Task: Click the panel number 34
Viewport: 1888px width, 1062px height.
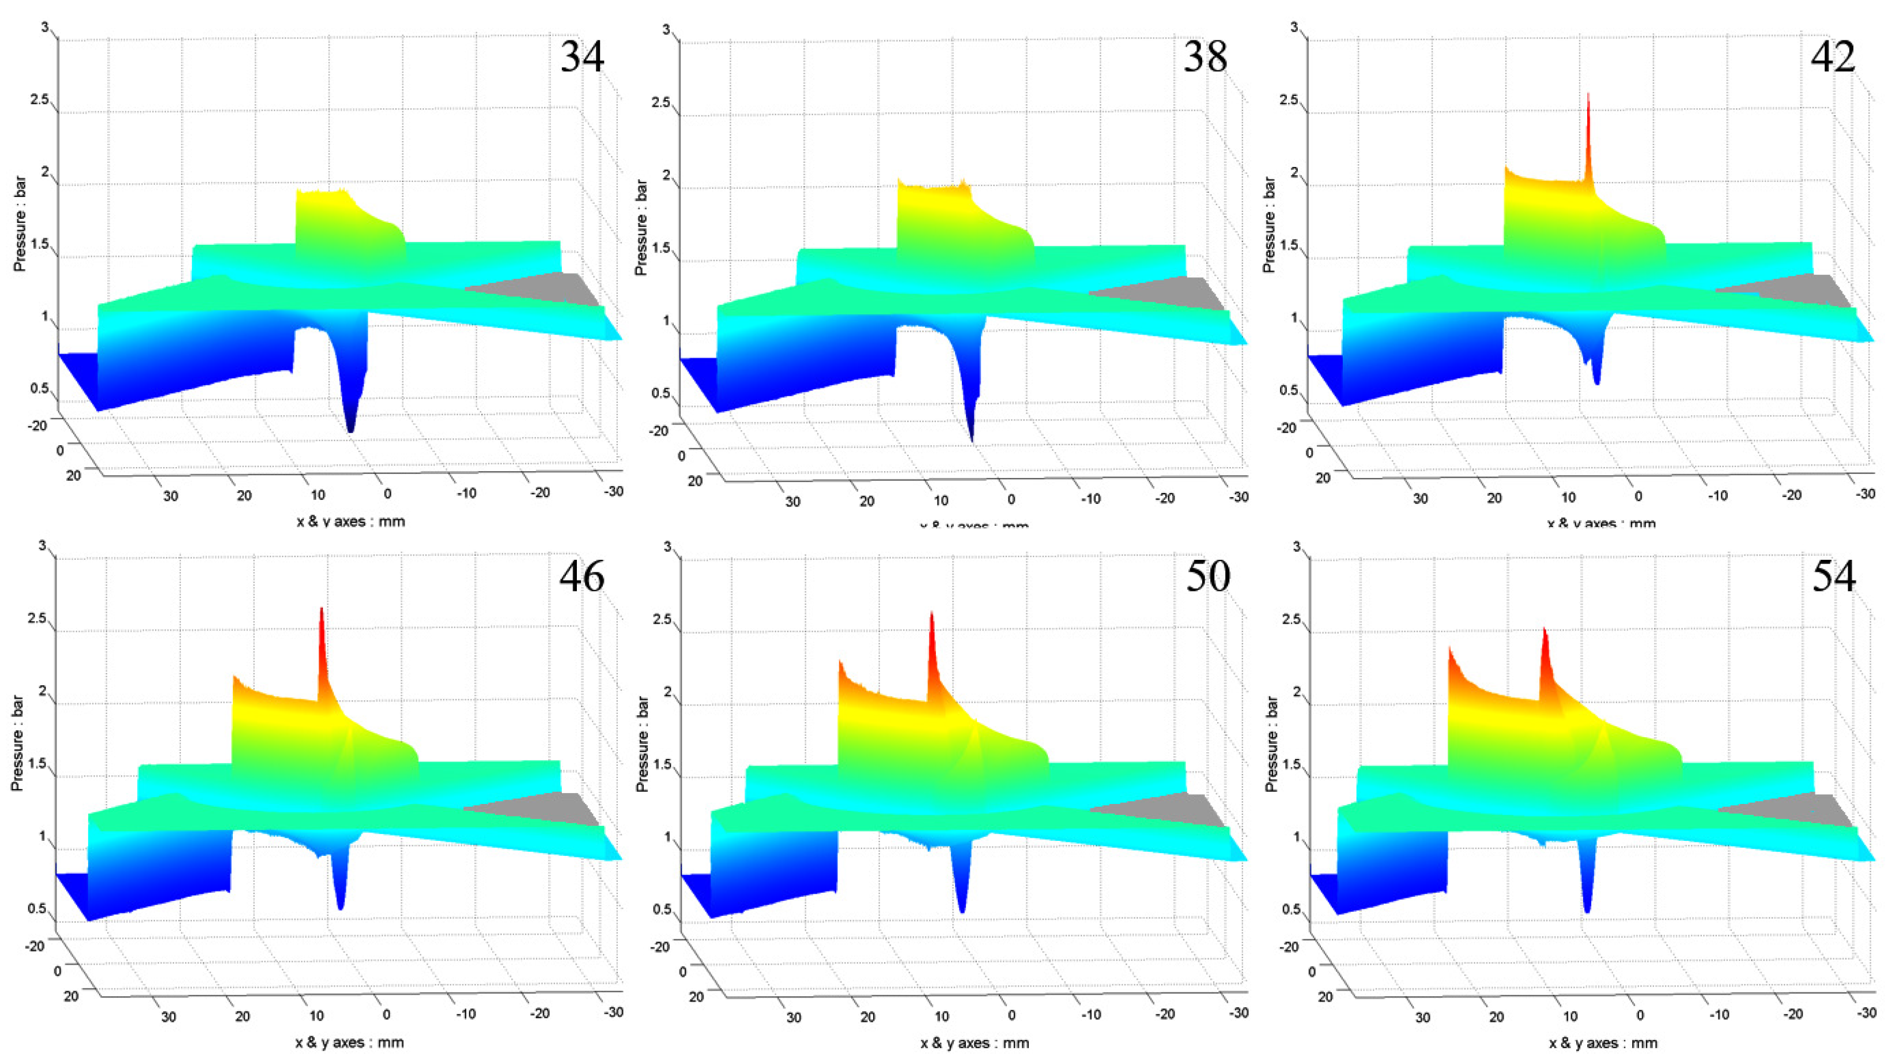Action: pyautogui.click(x=582, y=56)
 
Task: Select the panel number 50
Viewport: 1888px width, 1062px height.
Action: pyautogui.click(x=1208, y=576)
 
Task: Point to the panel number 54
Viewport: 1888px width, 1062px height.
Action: pyautogui.click(x=1833, y=576)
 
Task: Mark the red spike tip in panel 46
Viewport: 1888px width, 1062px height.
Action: pyautogui.click(x=321, y=609)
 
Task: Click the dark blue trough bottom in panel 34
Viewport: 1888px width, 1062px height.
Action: pyautogui.click(x=350, y=430)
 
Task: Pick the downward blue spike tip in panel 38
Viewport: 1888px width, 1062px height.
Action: pyautogui.click(x=972, y=440)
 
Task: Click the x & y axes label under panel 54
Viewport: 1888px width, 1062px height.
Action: pyautogui.click(x=1602, y=1043)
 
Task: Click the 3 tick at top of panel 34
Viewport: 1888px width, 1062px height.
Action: pyautogui.click(x=45, y=27)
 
